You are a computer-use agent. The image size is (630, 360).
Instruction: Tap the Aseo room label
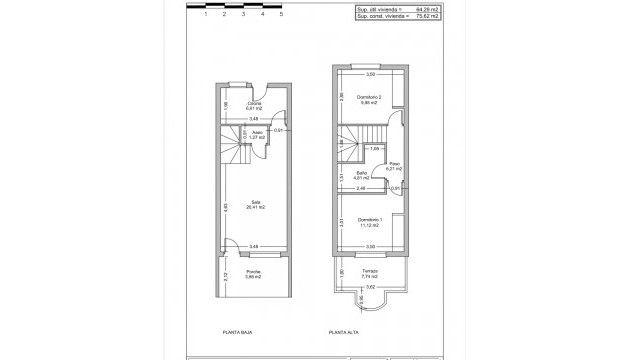point(256,135)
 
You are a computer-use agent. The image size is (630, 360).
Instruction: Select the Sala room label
point(256,202)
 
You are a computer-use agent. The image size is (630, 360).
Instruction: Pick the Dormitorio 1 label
point(369,219)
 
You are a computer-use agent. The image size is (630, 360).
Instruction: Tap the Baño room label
point(362,173)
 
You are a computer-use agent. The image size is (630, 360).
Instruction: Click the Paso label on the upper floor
point(395,164)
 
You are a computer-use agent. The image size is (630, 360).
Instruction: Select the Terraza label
point(370,270)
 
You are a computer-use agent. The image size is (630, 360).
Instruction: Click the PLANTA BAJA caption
point(238,331)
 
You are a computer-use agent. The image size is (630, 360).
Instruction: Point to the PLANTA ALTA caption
point(344,331)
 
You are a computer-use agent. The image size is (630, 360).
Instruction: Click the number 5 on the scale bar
point(282,16)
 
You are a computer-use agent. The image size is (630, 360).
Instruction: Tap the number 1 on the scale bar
point(205,16)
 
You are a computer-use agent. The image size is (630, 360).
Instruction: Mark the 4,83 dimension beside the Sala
point(226,207)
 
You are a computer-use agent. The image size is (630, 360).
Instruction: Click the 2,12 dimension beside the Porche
point(226,275)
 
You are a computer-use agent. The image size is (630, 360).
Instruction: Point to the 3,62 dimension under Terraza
point(369,287)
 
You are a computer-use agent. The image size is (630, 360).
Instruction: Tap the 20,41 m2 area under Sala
point(256,208)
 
